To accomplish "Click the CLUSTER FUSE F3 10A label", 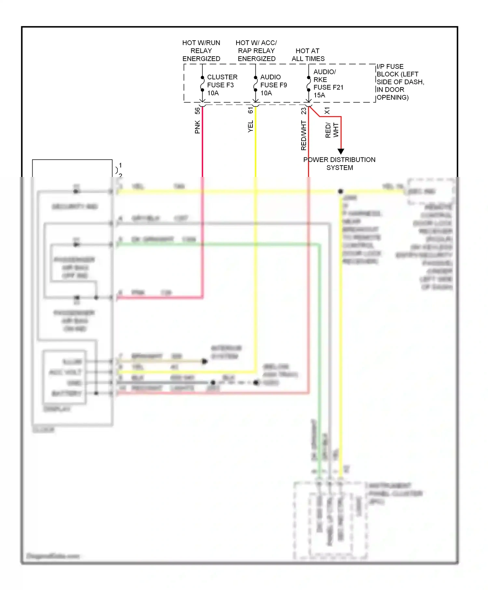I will pos(222,85).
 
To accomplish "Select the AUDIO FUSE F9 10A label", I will pos(273,85).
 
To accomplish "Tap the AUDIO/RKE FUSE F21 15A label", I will pos(328,84).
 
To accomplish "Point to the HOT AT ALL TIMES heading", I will pos(308,55).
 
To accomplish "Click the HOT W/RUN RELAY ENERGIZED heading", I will pos(201,51).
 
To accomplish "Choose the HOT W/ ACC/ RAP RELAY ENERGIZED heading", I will pos(256,51).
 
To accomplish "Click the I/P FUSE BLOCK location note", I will pos(400,82).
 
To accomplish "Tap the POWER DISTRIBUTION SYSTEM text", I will pos(339,164).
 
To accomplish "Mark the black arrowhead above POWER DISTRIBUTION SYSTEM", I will pos(341,151).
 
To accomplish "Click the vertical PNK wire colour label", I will pos(197,127).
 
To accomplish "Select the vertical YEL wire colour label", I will pos(250,126).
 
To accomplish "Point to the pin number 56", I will pos(197,111).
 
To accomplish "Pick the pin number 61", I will pos(250,111).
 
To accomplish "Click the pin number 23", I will pos(304,111).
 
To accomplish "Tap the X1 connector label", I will pos(327,111).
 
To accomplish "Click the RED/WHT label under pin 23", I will pos(304,135).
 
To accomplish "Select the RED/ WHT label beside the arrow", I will pos(332,130).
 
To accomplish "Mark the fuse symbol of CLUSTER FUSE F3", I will pos(202,84).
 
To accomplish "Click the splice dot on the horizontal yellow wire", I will pos(340,191).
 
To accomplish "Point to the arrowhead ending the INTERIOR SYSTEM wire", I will pos(205,361).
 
